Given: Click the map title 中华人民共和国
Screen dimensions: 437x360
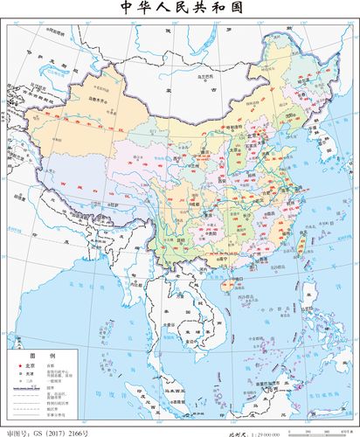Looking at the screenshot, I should pyautogui.click(x=180, y=8).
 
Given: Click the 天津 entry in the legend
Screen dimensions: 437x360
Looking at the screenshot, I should pyautogui.click(x=27, y=375).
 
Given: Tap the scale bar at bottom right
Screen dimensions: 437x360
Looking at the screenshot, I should pyautogui.click(x=323, y=428).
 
